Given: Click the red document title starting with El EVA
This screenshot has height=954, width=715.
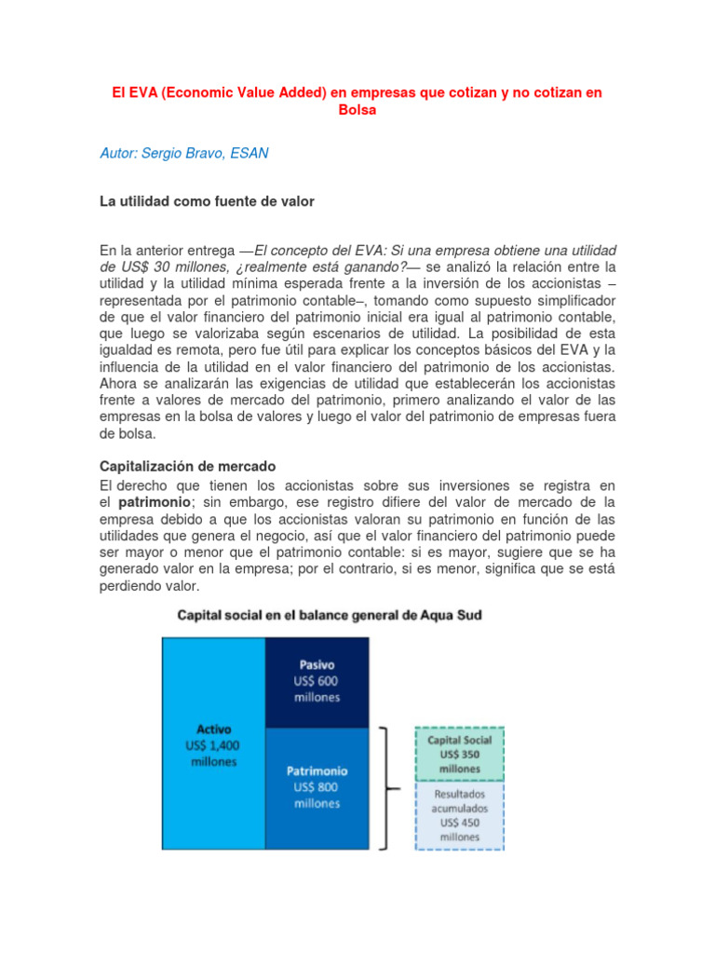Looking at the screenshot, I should pos(358,93).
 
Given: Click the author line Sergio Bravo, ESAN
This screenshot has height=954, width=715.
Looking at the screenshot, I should pos(184,153).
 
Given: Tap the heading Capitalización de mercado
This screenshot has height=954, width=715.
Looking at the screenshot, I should pos(188,466).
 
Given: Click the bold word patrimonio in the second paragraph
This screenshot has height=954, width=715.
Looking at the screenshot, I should pos(153,501).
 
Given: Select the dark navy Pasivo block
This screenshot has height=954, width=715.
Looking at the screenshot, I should pos(317,683).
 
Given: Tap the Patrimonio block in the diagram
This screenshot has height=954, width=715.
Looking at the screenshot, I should pos(317,787).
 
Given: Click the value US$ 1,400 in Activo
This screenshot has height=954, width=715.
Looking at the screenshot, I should pos(213,745).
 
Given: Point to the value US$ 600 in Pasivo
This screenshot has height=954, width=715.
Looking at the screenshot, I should pos(317,682).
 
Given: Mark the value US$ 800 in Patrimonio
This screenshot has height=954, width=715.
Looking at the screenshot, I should pos(317,787).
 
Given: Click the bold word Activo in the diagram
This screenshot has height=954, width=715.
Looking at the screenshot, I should pos(213,729).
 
